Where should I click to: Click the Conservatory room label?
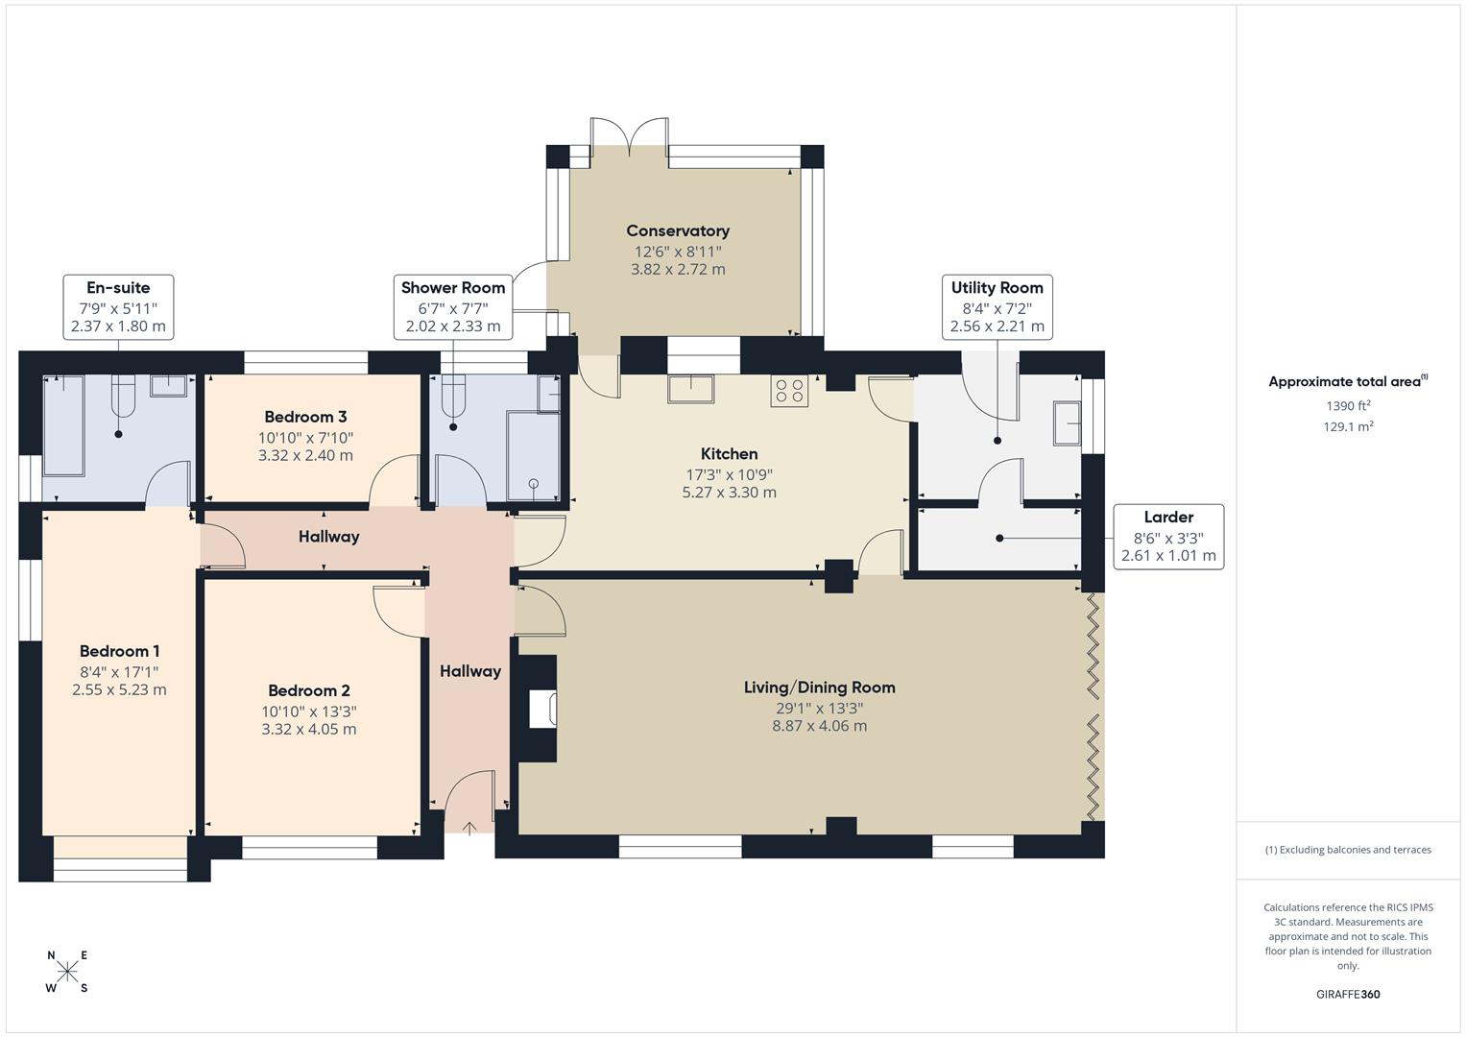point(678,230)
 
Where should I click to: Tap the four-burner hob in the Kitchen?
point(790,391)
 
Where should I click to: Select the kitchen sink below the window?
point(690,389)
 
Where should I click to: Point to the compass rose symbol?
point(68,972)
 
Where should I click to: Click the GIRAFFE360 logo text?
point(1347,994)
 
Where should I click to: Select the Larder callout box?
point(1168,536)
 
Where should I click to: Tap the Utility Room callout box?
point(997,306)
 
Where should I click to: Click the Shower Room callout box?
point(453,306)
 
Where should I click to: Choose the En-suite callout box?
point(118,306)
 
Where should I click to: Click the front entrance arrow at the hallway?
point(469,827)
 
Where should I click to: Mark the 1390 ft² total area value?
point(1348,406)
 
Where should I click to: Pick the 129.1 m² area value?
point(1348,427)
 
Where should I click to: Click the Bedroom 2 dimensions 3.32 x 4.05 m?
point(309,730)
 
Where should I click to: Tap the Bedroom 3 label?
point(305,417)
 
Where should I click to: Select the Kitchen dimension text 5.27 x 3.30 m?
point(729,493)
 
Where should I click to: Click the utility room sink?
point(1067,423)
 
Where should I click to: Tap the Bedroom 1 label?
point(119,651)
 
